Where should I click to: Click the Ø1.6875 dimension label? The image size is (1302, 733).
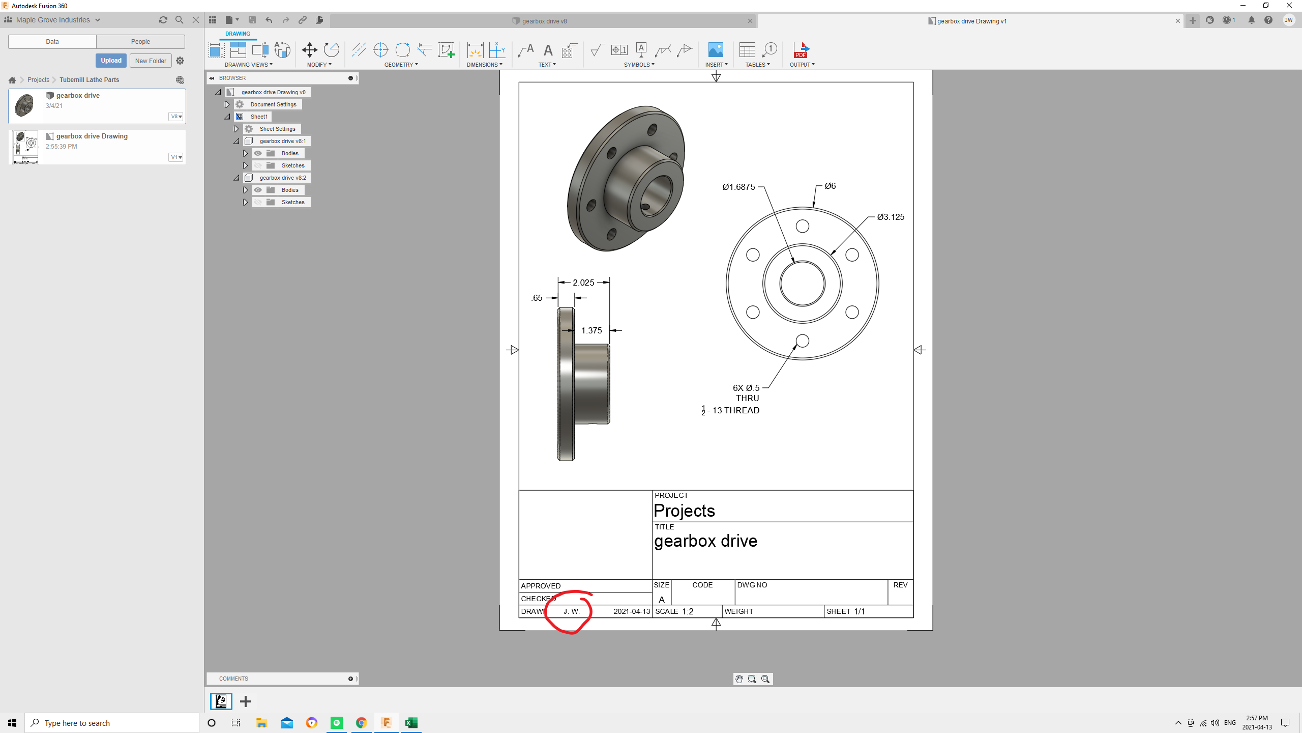(738, 187)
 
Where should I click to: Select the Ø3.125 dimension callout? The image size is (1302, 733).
(891, 217)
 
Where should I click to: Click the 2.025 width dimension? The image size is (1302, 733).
(583, 283)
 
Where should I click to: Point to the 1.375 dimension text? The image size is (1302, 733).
(591, 330)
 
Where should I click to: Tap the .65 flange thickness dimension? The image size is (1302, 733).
(537, 298)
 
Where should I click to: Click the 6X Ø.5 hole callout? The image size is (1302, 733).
(746, 388)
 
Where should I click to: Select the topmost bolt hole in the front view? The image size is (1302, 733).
(802, 226)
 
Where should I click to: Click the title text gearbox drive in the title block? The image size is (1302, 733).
(705, 541)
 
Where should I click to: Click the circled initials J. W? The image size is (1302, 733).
(571, 611)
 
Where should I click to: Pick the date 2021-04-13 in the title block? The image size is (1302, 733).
(631, 611)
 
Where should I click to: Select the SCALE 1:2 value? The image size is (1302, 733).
(687, 611)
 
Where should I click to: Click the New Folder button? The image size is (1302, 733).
(151, 61)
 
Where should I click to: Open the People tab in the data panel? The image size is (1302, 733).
(140, 42)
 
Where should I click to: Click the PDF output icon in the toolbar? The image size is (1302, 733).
(801, 50)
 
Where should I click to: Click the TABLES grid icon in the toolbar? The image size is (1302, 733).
(747, 50)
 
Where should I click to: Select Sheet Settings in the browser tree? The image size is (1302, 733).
(277, 129)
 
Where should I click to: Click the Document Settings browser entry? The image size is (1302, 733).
(273, 104)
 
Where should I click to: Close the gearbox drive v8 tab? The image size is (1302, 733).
(750, 21)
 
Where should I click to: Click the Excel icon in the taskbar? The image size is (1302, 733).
(411, 722)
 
